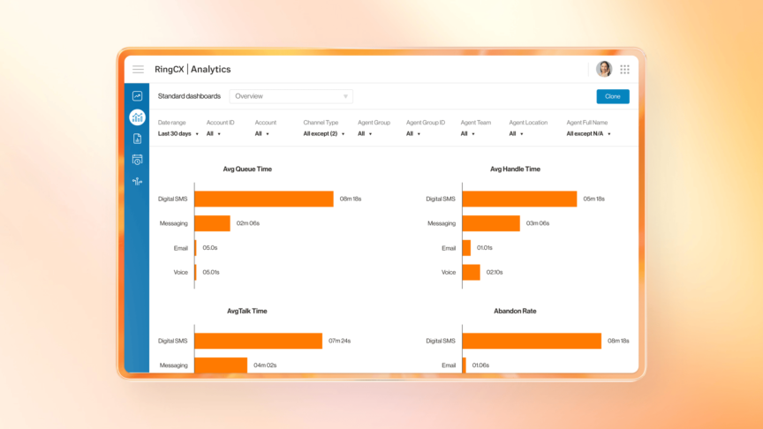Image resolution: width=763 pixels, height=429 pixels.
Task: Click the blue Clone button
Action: [612, 96]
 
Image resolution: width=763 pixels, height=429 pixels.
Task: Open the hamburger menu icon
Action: [138, 69]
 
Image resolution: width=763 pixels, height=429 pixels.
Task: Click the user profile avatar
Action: [604, 69]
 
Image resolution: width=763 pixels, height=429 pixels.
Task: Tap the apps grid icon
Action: [624, 69]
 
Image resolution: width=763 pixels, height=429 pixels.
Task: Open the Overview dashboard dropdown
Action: [291, 96]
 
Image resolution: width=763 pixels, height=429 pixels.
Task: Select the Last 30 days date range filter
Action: [178, 134]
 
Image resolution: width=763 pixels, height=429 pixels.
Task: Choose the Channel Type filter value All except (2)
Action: [323, 134]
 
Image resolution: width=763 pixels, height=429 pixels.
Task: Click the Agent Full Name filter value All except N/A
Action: [588, 134]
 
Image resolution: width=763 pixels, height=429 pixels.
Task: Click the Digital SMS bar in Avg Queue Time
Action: [263, 199]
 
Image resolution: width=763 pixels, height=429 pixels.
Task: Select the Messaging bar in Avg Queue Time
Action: [212, 223]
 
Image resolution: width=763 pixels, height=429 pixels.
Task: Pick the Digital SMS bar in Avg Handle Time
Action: [519, 199]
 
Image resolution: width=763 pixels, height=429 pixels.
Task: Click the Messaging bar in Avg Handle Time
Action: [491, 223]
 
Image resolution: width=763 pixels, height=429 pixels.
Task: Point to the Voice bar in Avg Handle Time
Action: [472, 272]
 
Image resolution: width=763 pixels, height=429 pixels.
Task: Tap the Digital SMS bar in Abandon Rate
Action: [531, 341]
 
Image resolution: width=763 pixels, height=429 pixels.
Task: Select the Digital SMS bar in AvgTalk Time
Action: [258, 341]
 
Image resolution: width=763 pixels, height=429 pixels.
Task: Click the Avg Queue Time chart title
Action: [247, 169]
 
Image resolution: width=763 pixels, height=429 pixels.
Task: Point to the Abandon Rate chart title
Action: [515, 311]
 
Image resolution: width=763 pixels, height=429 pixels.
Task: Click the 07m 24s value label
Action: [340, 341]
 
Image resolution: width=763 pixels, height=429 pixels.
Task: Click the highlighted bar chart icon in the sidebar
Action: [137, 117]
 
